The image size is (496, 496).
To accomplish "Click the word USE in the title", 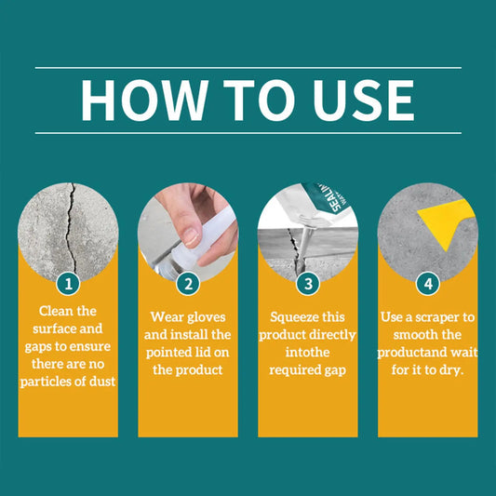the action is [x=364, y=101].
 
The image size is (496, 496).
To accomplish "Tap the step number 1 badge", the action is [x=68, y=284].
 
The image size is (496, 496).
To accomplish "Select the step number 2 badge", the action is [x=188, y=284].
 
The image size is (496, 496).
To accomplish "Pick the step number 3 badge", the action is [x=308, y=284].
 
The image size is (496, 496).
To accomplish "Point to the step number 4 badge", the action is [x=428, y=284].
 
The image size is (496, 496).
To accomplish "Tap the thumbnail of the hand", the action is [x=188, y=232].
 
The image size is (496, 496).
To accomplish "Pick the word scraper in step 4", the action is [x=438, y=317].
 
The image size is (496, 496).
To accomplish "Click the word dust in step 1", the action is [x=102, y=382].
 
